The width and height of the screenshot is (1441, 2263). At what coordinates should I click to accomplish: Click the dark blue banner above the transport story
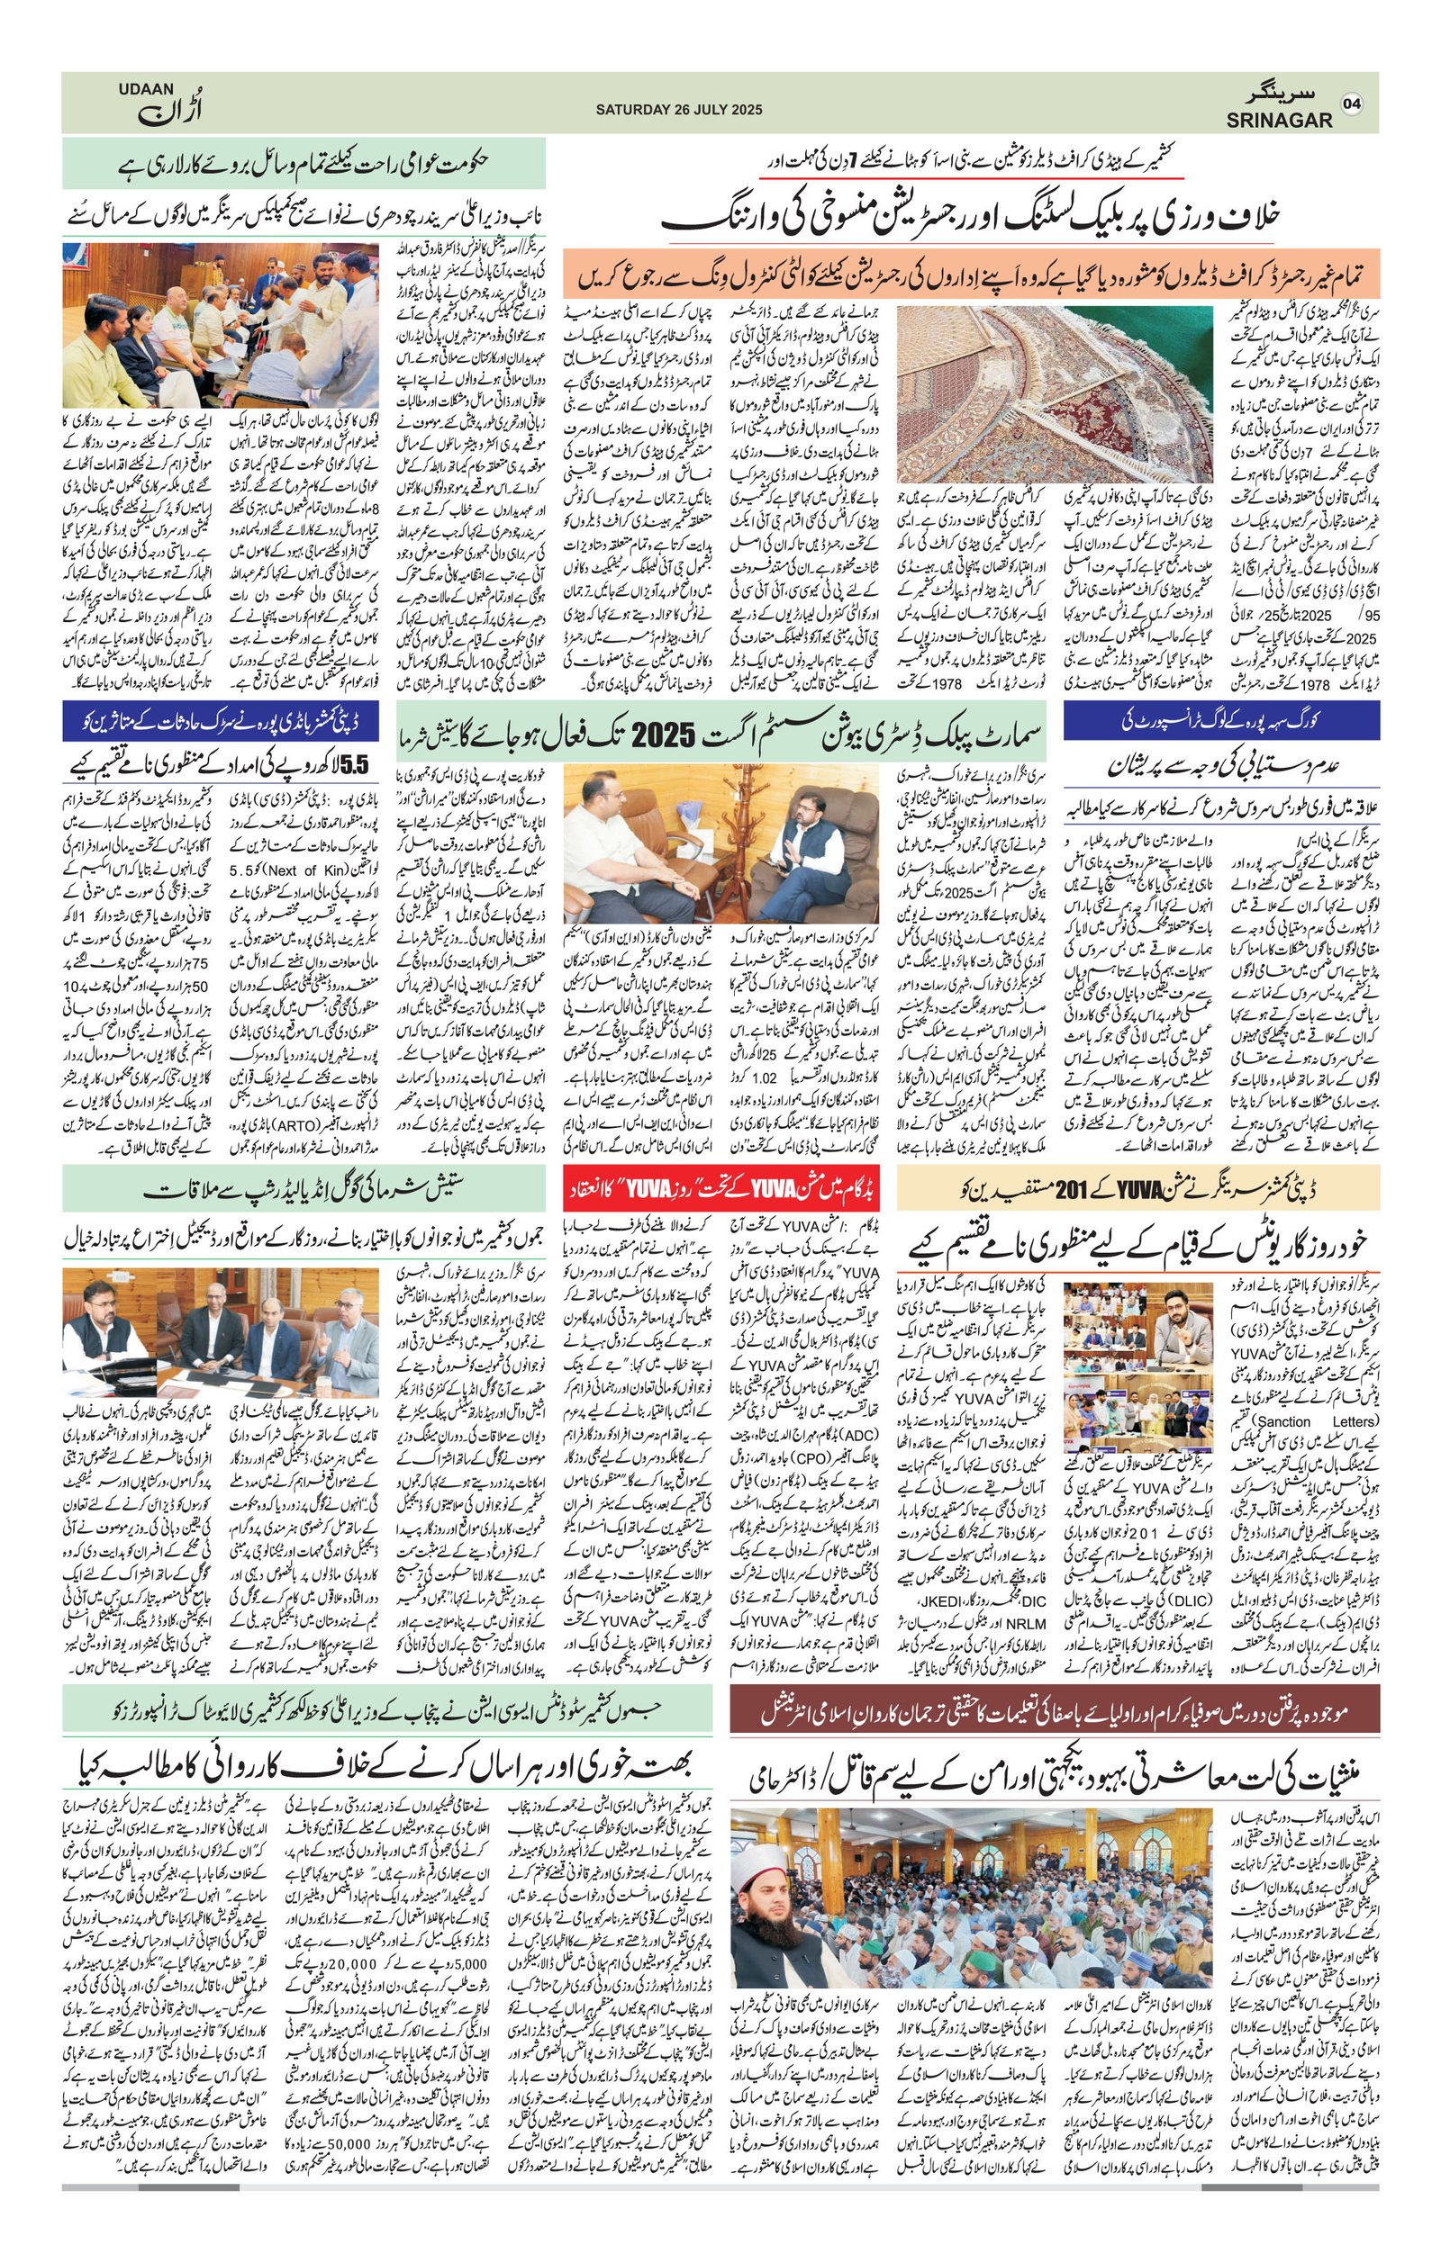click(1222, 723)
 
